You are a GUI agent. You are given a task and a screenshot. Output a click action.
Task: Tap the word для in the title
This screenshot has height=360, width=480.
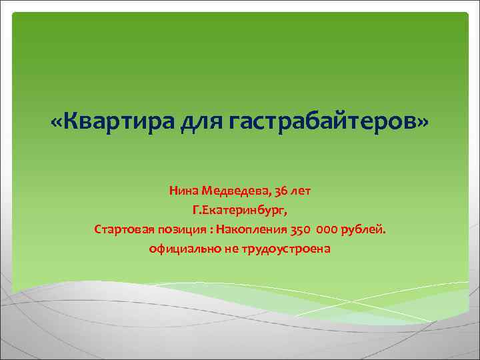tap(201, 122)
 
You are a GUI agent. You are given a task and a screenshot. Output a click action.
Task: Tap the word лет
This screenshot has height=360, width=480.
tap(302, 191)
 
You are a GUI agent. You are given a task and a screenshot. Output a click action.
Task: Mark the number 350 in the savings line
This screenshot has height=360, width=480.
tap(300, 230)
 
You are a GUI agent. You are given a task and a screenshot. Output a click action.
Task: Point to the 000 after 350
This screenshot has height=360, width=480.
tap(326, 230)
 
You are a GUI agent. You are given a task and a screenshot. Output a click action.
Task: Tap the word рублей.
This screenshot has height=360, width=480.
tap(363, 230)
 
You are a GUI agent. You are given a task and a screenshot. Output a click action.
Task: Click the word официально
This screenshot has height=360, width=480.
tap(180, 249)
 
